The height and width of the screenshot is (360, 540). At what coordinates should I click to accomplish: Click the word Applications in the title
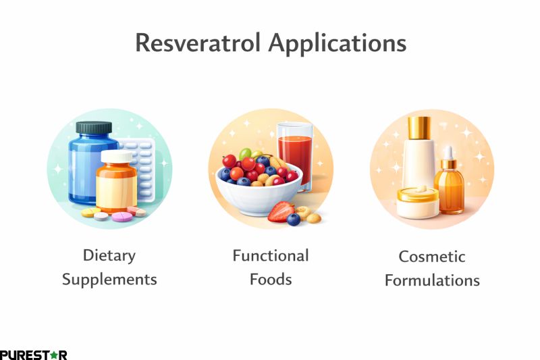[337, 44]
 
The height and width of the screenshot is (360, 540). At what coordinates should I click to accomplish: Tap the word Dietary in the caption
[109, 256]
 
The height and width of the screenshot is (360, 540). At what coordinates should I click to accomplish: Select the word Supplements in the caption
[109, 279]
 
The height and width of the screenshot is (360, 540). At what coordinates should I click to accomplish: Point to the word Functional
[271, 256]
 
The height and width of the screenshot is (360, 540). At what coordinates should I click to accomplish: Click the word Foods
[271, 278]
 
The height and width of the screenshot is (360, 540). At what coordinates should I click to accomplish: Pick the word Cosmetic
[432, 257]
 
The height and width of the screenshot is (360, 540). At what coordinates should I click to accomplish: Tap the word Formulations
[432, 280]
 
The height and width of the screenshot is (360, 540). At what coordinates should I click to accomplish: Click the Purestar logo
[33, 354]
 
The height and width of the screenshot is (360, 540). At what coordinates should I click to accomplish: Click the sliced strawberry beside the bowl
[281, 212]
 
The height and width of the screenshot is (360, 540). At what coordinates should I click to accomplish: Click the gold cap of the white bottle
[419, 126]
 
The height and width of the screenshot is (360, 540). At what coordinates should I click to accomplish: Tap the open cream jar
[417, 202]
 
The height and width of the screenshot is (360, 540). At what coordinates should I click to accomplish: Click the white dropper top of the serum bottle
[448, 153]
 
